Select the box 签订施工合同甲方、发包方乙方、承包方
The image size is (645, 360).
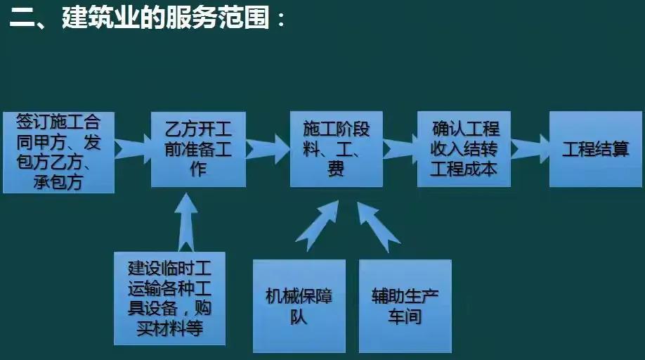[x=58, y=151]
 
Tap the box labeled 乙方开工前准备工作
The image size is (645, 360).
[x=198, y=149]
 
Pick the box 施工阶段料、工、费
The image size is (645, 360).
[x=336, y=149]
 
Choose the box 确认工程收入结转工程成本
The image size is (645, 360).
[x=464, y=149]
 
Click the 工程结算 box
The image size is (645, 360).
[x=595, y=149]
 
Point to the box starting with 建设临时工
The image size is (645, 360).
[x=171, y=298]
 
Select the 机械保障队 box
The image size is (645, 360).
[x=299, y=306]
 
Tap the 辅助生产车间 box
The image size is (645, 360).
[x=405, y=306]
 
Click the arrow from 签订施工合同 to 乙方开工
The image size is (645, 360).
[x=132, y=148]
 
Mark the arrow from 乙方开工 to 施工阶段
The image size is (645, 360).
[x=268, y=148]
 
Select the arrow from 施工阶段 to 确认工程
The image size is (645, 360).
[x=399, y=148]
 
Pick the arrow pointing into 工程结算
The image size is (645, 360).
[x=529, y=148]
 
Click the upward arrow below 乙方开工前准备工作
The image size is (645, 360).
[x=186, y=221]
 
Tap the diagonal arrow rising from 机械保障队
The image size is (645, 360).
[x=314, y=229]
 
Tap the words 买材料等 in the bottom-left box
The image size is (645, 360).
[x=171, y=328]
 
